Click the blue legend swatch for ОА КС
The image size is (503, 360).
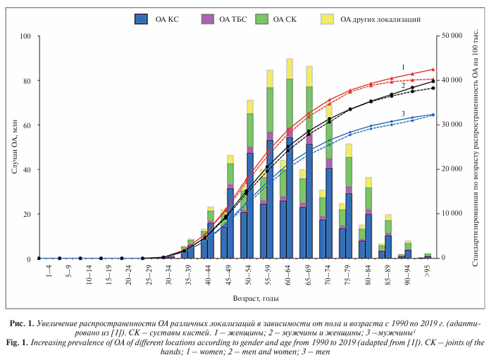pyautogui.click(x=141, y=19)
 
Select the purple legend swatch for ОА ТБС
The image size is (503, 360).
pyautogui.click(x=208, y=19)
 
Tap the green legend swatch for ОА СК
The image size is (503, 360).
pyautogui.click(x=262, y=19)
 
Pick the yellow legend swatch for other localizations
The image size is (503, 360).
pyautogui.click(x=327, y=19)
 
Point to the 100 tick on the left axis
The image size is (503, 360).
pyautogui.click(x=25, y=36)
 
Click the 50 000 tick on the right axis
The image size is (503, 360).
pyautogui.click(x=452, y=36)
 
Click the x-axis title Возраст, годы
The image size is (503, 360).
pyautogui.click(x=256, y=299)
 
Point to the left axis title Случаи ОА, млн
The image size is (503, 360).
pyautogui.click(x=14, y=147)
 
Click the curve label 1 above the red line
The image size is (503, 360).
pyautogui.click(x=403, y=68)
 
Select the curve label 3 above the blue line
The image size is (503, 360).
pyautogui.click(x=403, y=113)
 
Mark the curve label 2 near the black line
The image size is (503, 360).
pyautogui.click(x=403, y=86)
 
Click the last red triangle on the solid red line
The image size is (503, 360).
pyautogui.click(x=433, y=69)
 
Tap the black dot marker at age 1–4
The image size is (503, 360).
pyautogui.click(x=39, y=258)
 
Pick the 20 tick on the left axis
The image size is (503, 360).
pyautogui.click(x=27, y=214)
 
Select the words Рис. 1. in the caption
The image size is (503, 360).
pyautogui.click(x=22, y=323)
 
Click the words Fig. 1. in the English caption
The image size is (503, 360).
pyautogui.click(x=18, y=342)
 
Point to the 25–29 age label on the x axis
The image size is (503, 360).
pyautogui.click(x=149, y=275)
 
